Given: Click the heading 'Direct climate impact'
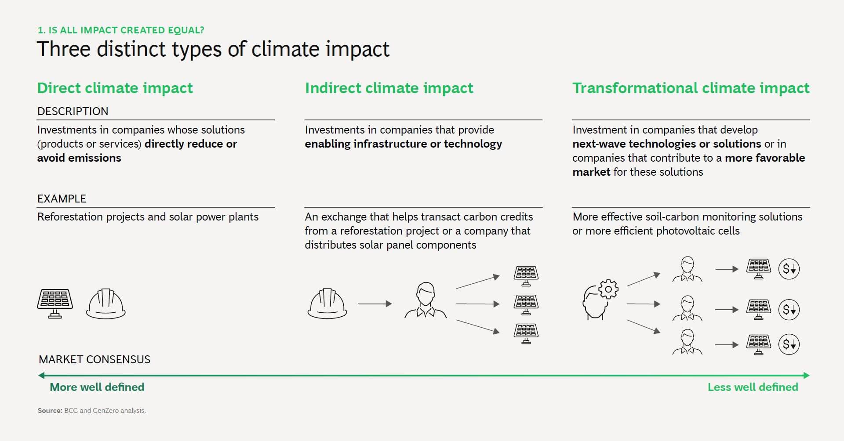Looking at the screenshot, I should point(115,88).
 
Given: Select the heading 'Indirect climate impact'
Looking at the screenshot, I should point(389,88).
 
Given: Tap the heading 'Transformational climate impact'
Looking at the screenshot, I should point(690,88).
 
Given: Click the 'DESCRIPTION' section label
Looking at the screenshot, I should point(73,111).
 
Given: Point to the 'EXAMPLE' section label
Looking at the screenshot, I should point(62,199).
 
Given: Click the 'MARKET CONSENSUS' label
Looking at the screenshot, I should point(95,359).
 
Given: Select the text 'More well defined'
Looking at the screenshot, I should point(97,387).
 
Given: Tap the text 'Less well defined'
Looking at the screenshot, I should point(753,387).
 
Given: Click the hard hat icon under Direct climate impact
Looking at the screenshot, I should point(105,304).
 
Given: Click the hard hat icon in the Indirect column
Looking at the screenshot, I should point(327,304).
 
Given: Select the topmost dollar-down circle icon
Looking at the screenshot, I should point(789,269).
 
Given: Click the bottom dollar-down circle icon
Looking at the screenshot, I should point(789,344).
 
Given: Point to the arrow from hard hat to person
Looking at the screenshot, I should point(375,304).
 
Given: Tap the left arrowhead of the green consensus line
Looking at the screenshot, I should point(41,376).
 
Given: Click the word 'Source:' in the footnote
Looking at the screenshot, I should point(50,411).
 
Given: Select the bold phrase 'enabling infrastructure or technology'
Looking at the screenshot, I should point(403,144).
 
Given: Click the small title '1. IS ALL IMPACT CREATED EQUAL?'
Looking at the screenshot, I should point(121,30).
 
